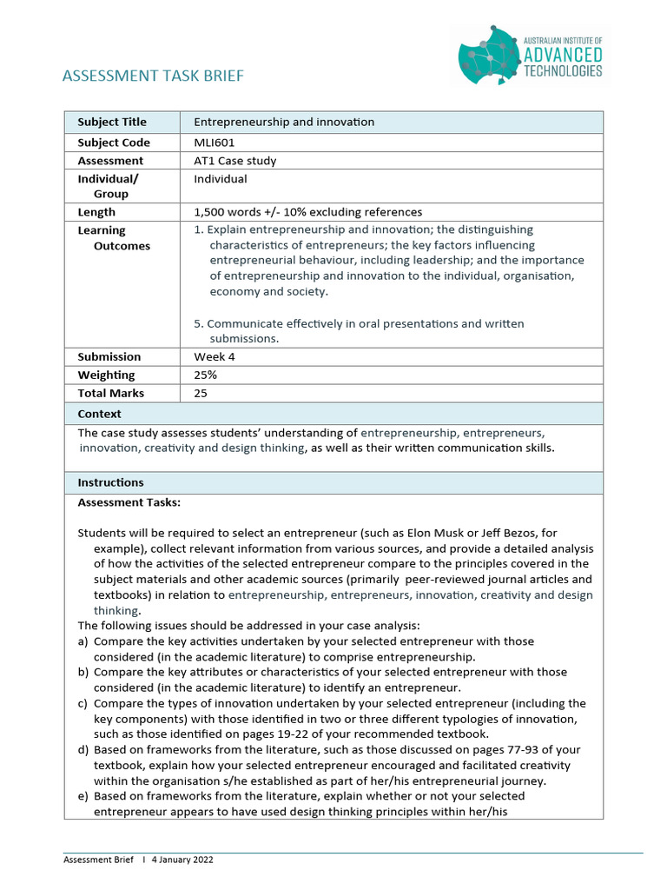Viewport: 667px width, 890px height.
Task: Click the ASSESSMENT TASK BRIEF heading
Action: point(153,76)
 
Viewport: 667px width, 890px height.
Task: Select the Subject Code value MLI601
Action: point(215,143)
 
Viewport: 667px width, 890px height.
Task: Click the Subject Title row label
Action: point(112,122)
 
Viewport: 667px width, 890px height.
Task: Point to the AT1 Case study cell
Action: point(234,161)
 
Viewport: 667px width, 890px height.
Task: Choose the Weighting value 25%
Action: point(206,375)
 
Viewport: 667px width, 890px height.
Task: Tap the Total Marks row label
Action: point(111,394)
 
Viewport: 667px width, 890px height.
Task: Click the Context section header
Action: point(100,415)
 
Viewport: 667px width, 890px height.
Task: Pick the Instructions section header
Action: point(111,482)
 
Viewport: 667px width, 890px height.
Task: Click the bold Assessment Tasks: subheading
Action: point(129,502)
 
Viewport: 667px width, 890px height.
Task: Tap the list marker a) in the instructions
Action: point(83,641)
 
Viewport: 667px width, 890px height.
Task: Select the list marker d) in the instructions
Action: point(83,749)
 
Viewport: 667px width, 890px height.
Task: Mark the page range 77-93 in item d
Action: point(499,749)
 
